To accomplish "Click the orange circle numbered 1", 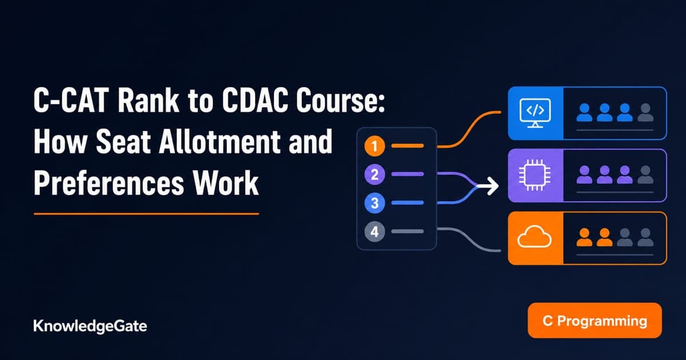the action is [x=374, y=146].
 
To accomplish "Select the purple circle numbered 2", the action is [x=374, y=174].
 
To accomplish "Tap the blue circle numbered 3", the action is [x=374, y=203].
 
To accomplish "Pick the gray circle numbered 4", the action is [x=374, y=232].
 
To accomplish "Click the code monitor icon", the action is [x=535, y=113].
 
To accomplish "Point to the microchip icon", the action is [x=535, y=175].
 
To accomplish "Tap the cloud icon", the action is [x=535, y=237].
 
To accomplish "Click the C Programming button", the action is [x=595, y=321].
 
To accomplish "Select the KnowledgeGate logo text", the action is [x=90, y=326].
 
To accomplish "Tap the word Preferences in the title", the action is [x=109, y=183].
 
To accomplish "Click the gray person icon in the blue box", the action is [x=645, y=113].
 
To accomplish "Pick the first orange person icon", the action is [x=584, y=237].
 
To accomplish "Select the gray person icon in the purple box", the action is [x=645, y=174].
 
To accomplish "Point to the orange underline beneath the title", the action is [x=146, y=214].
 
